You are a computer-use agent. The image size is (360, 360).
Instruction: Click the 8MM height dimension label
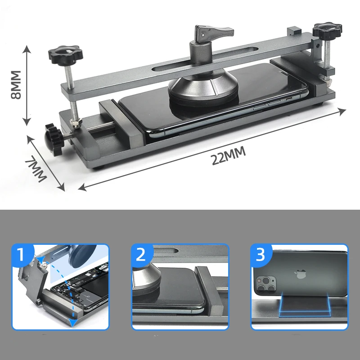[16, 85]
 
